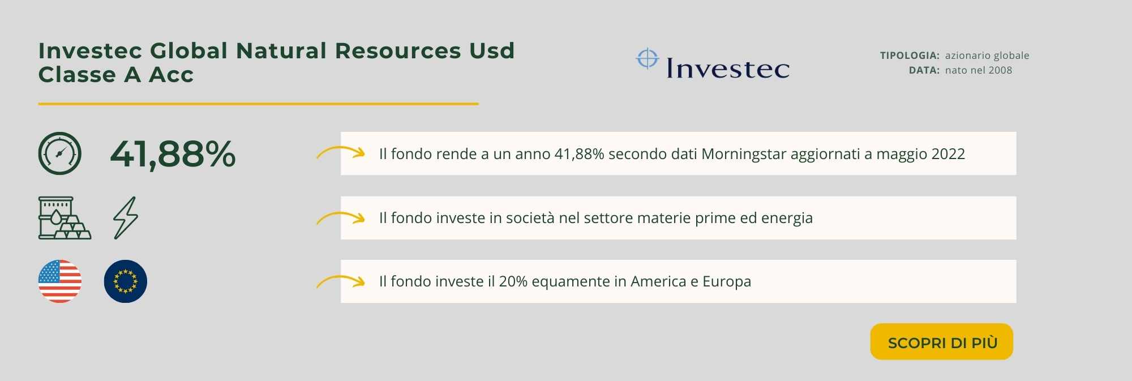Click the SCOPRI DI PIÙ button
click(941, 341)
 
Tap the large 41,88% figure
click(173, 154)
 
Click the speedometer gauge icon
click(60, 153)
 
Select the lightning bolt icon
click(126, 218)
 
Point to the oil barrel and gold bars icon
click(65, 218)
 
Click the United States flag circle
click(60, 281)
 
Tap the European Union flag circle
click(126, 281)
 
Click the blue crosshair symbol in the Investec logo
click(648, 58)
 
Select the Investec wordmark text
click(728, 68)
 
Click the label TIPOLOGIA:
click(910, 55)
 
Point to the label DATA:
click(924, 70)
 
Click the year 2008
click(1000, 70)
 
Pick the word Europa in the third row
click(727, 282)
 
